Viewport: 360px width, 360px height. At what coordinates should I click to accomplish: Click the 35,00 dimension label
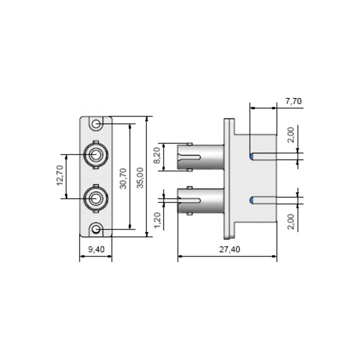point(140,178)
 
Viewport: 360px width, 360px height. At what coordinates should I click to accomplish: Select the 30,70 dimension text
point(123,178)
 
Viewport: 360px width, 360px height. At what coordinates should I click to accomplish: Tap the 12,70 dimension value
point(60,175)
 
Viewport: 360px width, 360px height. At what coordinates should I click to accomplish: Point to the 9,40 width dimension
point(96,249)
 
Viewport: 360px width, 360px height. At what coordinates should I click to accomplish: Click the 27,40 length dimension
point(229,249)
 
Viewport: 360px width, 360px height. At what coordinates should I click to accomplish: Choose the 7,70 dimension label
point(293,101)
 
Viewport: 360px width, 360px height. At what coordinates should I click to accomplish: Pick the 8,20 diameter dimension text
point(157,155)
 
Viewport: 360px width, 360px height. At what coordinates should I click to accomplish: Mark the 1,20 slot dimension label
point(157,220)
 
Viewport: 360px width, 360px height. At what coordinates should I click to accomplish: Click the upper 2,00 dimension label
point(291,135)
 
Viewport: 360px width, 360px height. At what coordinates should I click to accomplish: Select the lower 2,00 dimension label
point(291,221)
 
